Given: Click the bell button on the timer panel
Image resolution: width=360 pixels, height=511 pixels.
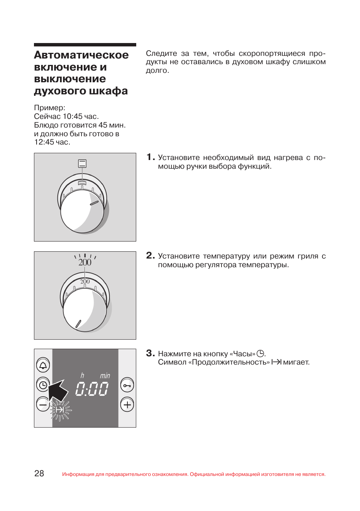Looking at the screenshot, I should tap(43, 365).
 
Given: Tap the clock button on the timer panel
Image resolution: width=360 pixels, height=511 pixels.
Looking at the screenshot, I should tap(43, 385).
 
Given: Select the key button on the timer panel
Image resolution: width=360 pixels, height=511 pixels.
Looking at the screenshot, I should tap(127, 385).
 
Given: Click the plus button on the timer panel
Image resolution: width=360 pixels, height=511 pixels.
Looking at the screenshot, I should tap(127, 405).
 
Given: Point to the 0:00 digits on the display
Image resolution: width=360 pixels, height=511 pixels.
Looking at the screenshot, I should tap(92, 389).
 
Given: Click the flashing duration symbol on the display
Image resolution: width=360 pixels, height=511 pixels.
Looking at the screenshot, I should tap(60, 410).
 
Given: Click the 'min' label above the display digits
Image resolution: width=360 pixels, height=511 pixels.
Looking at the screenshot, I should tap(105, 376).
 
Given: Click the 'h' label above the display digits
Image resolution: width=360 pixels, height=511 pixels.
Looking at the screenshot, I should tap(82, 375).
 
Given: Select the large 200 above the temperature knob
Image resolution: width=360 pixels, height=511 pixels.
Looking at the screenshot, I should tap(85, 262).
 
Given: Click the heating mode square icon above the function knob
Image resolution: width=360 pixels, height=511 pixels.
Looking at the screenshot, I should tap(82, 163).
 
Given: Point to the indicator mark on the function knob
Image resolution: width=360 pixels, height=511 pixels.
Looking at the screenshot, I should tap(94, 203).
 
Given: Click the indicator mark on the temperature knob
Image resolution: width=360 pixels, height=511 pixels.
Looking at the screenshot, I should tap(78, 323).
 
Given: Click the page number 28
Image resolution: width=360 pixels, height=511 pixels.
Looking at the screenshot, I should tap(39, 474).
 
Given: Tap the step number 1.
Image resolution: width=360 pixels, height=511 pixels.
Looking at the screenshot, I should tap(150, 157).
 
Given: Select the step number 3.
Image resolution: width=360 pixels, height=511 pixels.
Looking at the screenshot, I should tap(150, 353).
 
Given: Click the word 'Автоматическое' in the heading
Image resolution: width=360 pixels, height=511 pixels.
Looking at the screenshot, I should tap(81, 55).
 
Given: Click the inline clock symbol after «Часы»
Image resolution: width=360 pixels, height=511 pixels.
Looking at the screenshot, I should tap(260, 354).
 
